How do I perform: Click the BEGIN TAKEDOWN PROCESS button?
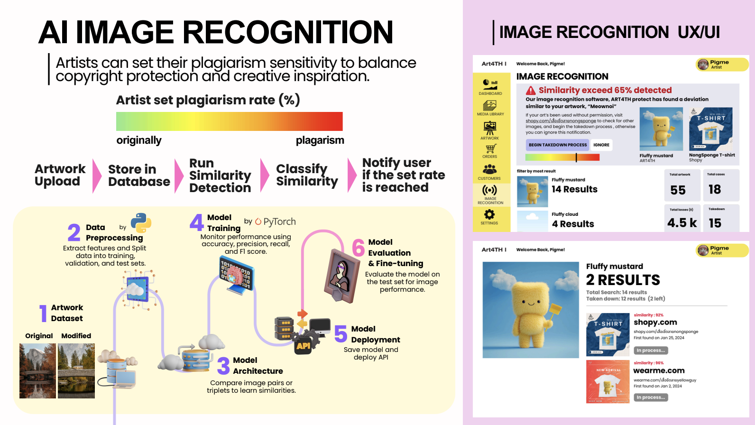point(557,145)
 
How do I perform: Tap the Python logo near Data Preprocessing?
point(141,223)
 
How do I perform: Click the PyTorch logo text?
point(275,222)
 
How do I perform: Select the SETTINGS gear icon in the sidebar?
point(489,214)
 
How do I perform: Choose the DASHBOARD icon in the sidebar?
point(490,84)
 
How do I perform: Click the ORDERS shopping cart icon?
point(490,149)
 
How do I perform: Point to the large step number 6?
point(359,248)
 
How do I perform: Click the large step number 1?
point(43,314)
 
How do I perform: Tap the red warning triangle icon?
point(531,90)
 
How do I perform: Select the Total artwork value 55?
point(678,190)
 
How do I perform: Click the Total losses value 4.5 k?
point(682,223)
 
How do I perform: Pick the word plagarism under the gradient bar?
point(320,140)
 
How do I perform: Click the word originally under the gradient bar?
point(139,140)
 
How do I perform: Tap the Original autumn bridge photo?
point(37,371)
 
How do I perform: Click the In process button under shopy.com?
point(651,351)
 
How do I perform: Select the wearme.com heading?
point(659,370)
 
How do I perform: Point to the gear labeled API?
point(304,345)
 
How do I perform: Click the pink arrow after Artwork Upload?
point(96,176)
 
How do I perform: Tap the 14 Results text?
point(574,189)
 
